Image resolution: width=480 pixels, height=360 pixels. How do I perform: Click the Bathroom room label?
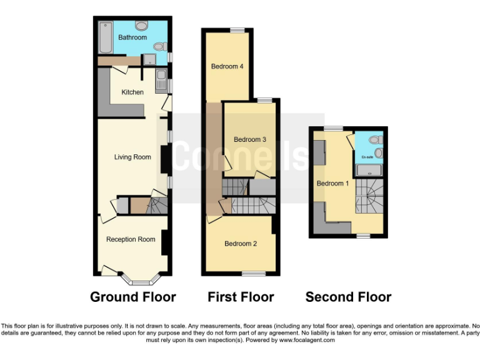[x=132, y=37]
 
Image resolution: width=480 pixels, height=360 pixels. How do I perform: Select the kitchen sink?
[x=161, y=82]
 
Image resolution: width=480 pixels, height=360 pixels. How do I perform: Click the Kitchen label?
[x=132, y=92]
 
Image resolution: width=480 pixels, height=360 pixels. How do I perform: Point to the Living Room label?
[x=132, y=157]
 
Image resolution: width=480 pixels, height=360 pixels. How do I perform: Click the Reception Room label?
[x=131, y=239]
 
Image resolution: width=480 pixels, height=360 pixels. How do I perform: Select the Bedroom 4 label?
[x=227, y=67]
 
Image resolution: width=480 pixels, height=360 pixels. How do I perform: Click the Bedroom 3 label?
[x=250, y=139]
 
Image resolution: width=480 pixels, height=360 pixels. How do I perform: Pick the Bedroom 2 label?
[x=241, y=244]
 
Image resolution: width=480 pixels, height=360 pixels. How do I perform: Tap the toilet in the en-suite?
[x=375, y=140]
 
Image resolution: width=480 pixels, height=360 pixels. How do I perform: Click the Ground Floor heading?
[x=133, y=297]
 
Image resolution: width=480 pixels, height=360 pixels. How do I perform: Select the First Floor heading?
[x=241, y=297]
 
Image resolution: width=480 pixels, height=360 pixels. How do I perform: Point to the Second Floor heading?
[x=348, y=297]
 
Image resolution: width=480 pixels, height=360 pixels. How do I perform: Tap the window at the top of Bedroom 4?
[x=237, y=30]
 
